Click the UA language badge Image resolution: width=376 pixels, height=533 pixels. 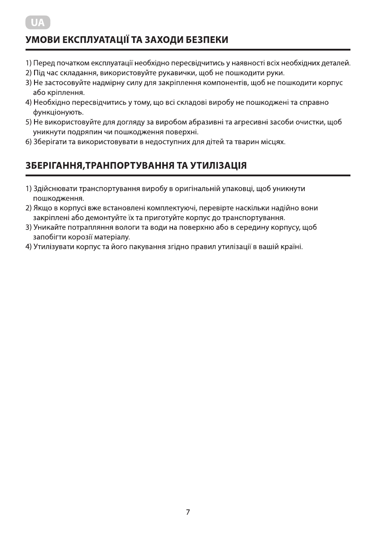click(x=38, y=22)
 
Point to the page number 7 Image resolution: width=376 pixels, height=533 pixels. click(x=188, y=512)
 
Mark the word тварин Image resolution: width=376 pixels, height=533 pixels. click(x=241, y=142)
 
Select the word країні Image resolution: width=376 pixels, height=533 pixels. click(x=292, y=247)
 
